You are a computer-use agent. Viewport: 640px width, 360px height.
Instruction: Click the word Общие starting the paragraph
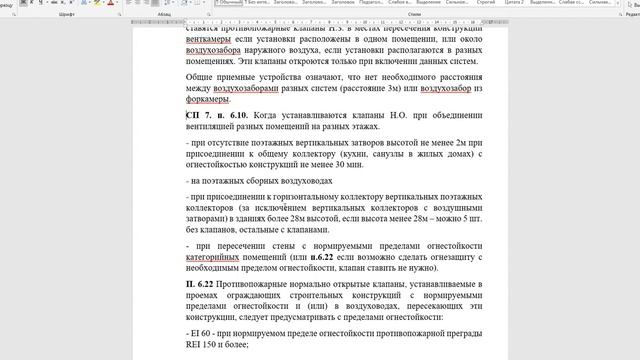pyautogui.click(x=204, y=73)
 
